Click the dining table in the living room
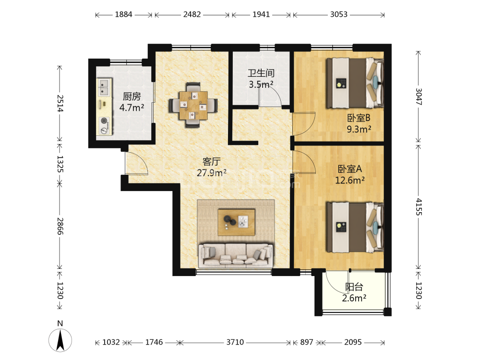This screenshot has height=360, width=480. click(193, 105)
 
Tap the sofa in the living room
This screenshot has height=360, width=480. click(235, 255)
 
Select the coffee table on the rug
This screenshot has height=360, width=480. click(236, 222)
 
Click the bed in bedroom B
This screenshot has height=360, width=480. click(355, 83)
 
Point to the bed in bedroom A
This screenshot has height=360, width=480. click(355, 227)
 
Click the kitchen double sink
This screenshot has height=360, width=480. click(104, 87)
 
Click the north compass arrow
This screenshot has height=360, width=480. click(60, 340)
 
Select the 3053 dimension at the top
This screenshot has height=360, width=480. click(338, 14)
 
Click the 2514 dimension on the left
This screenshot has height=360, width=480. click(60, 104)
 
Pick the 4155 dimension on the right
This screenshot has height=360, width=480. click(419, 207)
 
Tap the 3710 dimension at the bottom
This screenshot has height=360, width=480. click(235, 342)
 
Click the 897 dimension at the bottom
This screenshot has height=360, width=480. click(306, 342)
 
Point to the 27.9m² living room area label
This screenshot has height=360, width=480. click(212, 173)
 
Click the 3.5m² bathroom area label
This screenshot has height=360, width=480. click(261, 84)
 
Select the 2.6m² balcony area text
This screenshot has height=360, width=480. click(354, 298)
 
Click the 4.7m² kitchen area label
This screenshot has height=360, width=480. click(132, 108)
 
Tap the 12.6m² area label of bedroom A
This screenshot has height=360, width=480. click(350, 180)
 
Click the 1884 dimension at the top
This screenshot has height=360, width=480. click(123, 14)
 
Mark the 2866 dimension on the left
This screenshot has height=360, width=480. click(60, 226)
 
